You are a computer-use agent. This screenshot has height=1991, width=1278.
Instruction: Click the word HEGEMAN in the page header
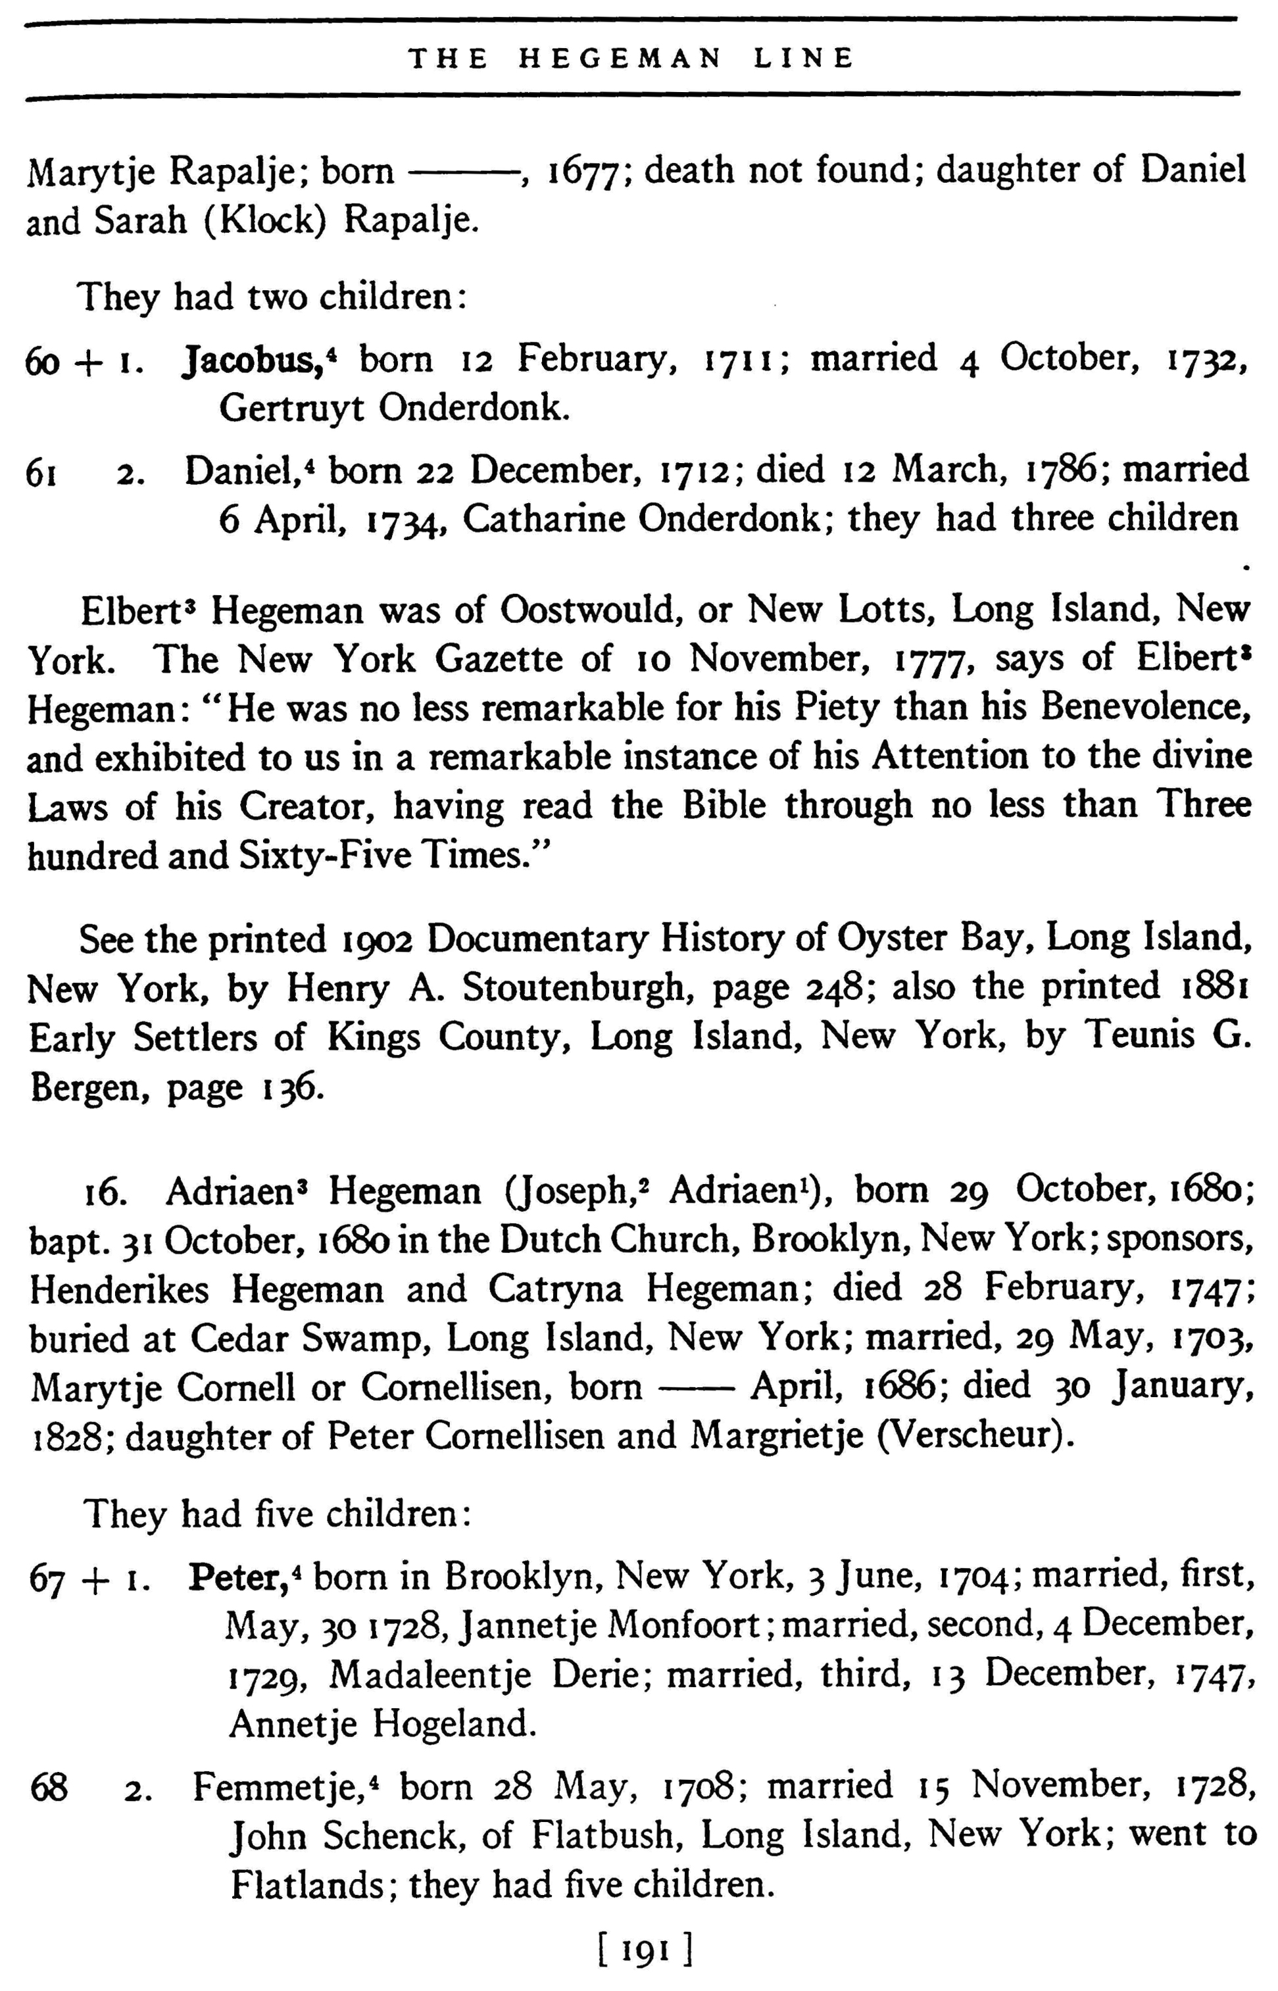coord(620,58)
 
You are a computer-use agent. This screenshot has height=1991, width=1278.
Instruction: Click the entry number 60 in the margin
coord(42,362)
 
